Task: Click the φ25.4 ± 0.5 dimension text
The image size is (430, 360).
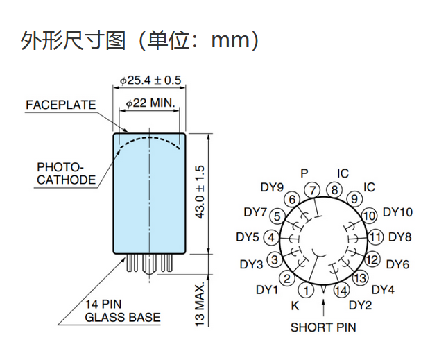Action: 150,80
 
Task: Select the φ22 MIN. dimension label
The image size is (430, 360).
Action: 153,103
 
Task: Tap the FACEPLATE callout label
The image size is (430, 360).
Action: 60,105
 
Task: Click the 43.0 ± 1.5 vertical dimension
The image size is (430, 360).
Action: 200,194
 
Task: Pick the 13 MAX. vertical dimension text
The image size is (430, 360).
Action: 200,303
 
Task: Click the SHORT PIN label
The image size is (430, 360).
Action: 323,327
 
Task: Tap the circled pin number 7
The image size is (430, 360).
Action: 313,189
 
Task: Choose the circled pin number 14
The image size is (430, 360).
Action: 341,291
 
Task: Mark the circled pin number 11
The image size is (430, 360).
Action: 375,237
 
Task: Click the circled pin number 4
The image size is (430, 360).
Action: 271,237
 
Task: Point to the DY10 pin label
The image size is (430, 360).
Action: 397,212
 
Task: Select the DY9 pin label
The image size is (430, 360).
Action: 272,187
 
